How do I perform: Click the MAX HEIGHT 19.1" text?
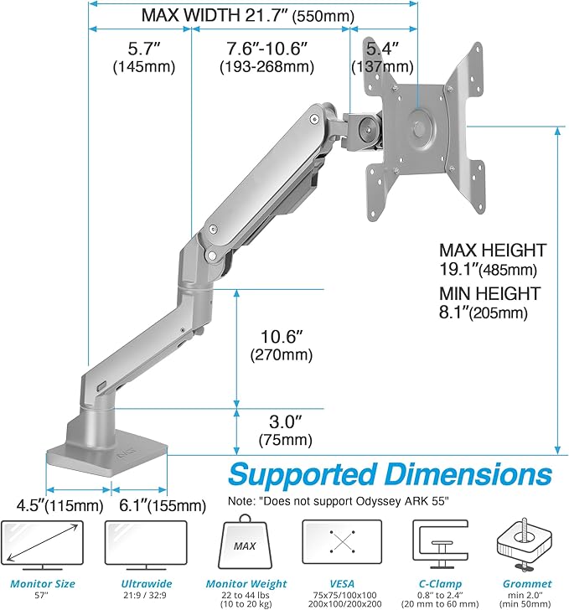pos(493,260)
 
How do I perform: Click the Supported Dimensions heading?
pos(391,474)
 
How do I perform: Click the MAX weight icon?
pos(246,545)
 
